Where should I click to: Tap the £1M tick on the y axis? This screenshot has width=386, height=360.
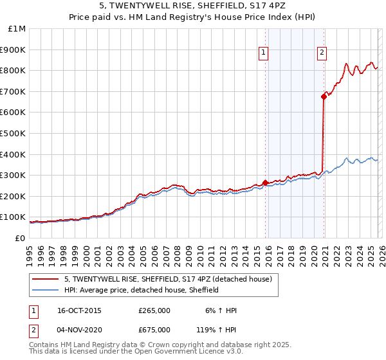click(16, 28)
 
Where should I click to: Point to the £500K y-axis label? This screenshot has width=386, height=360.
click(13, 133)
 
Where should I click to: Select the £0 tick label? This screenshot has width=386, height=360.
click(19, 238)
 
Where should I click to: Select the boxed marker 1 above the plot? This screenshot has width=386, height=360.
click(264, 53)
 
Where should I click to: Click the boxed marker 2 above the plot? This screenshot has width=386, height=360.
click(321, 53)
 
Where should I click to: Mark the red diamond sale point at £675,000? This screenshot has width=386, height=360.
click(324, 96)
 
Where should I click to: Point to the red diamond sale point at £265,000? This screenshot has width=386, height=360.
click(265, 183)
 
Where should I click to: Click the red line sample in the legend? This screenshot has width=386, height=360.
click(46, 280)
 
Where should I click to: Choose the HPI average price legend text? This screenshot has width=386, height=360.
click(142, 290)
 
